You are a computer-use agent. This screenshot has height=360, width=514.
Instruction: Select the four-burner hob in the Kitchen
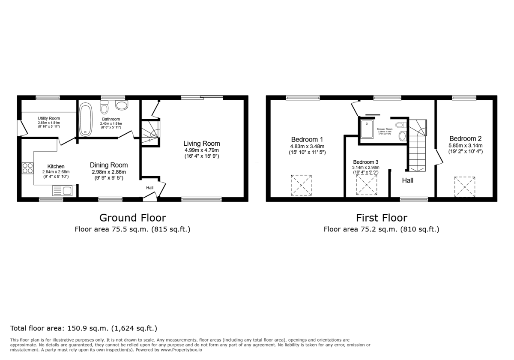(28, 168)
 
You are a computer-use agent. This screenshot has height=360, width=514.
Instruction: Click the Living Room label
(202, 144)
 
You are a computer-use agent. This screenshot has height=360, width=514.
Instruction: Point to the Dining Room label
(109, 165)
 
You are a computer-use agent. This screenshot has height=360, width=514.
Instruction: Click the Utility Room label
(49, 118)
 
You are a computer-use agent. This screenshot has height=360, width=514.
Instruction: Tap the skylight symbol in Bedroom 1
(301, 185)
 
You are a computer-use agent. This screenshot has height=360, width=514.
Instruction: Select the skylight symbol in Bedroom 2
(465, 186)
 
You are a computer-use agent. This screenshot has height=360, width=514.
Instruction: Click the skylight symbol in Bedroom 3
(367, 185)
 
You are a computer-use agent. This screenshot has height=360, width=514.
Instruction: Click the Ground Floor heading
(132, 218)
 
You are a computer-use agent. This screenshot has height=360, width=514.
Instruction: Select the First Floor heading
(381, 218)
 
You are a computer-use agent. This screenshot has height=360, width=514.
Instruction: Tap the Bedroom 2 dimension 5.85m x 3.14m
(466, 145)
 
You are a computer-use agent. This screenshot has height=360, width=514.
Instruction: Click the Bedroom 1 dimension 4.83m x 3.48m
(307, 146)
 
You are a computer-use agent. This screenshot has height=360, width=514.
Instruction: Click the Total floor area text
(84, 329)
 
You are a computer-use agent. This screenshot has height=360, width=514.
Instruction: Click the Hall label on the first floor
(407, 180)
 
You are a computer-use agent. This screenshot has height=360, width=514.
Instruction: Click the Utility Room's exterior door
(20, 127)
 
